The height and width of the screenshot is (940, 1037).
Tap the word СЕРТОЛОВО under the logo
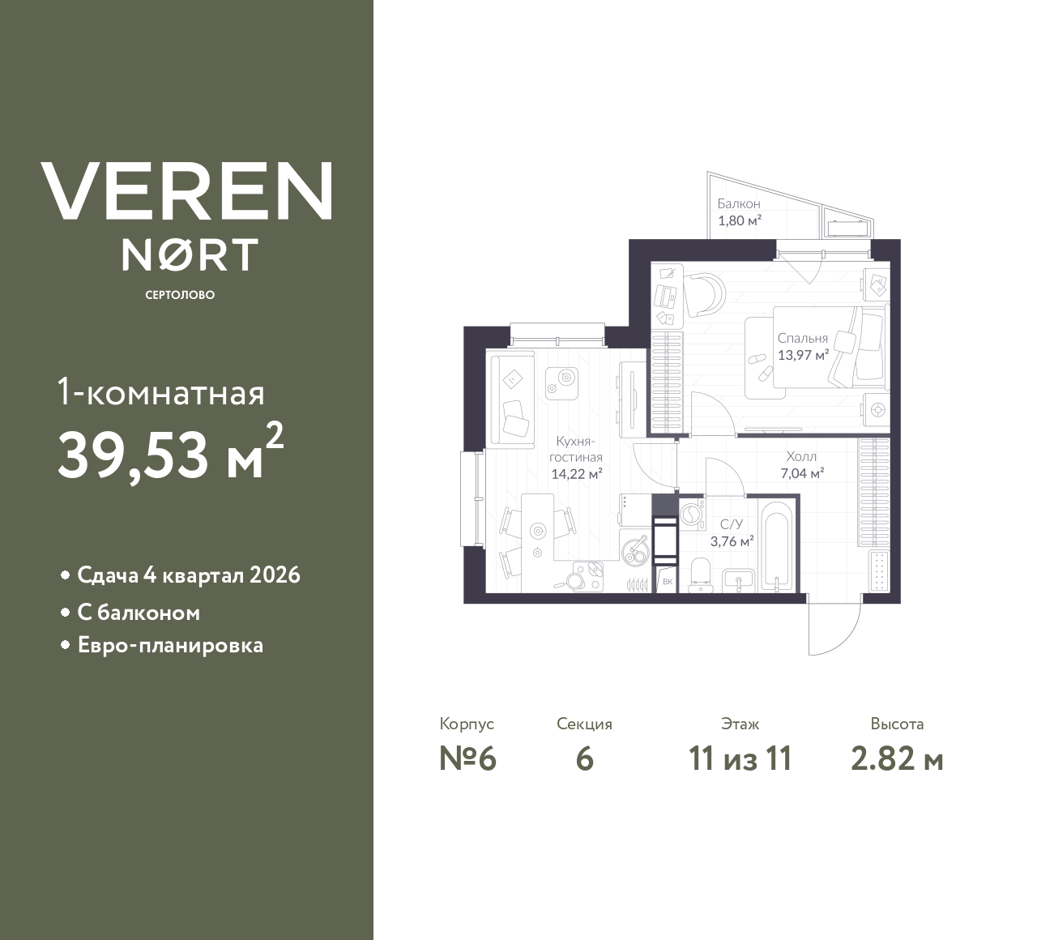coord(180,295)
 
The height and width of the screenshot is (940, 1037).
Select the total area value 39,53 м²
coord(171,452)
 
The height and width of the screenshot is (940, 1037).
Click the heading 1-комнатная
coord(161,394)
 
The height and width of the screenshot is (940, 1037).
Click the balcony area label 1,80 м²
coord(740,220)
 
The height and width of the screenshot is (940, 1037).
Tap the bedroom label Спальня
coord(803,338)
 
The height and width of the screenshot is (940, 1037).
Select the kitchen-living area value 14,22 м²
coord(576,473)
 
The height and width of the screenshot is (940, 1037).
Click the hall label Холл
coord(801,456)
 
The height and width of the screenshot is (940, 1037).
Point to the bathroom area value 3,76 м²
coord(732,541)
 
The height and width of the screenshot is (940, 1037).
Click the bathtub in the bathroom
coord(775,545)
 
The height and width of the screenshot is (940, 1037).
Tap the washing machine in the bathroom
coord(692,514)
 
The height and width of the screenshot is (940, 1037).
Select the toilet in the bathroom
coord(702,575)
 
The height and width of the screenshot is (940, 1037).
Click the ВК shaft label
coord(668,582)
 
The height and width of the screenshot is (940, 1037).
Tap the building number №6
coord(467,759)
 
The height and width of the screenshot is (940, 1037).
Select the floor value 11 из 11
coord(740,759)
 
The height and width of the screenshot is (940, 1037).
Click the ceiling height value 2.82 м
coord(897,759)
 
